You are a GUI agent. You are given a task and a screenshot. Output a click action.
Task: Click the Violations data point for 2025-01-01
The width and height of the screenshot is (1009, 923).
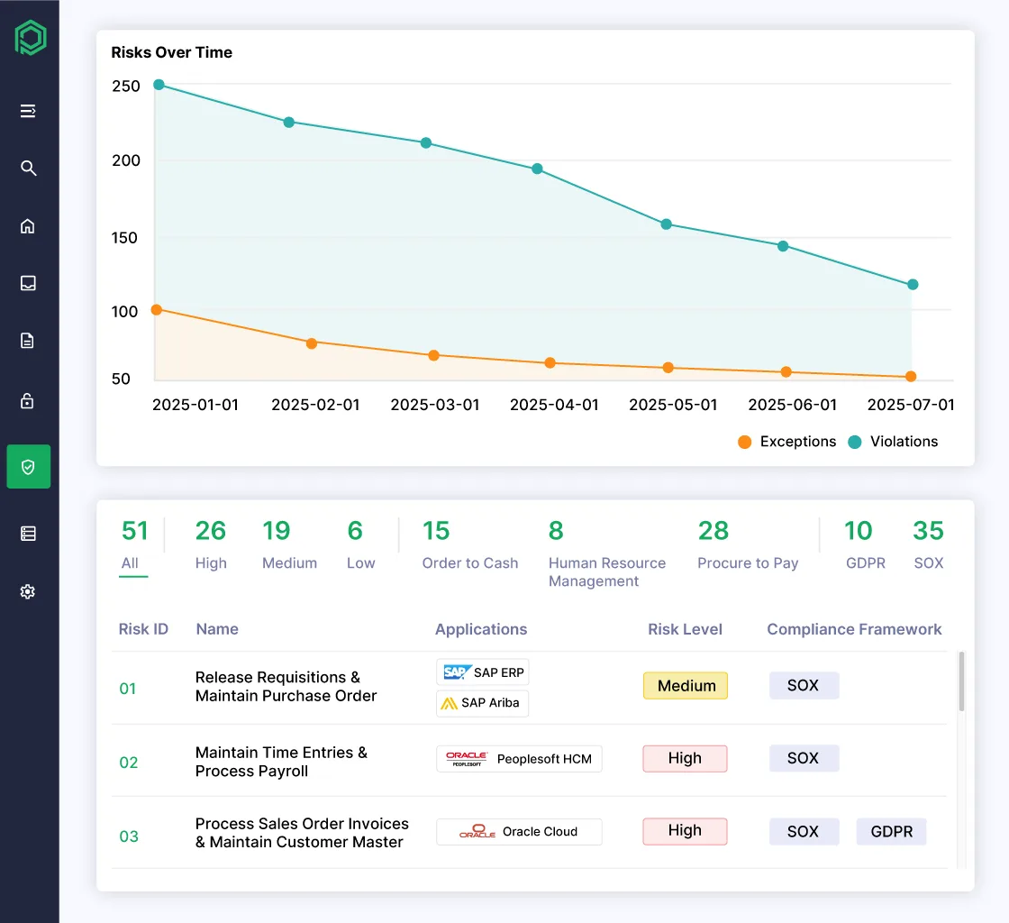[x=159, y=85]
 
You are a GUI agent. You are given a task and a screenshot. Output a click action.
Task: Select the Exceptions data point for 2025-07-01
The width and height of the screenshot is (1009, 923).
[x=911, y=377]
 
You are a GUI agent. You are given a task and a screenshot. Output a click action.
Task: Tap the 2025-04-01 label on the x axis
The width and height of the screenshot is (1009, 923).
[x=554, y=406]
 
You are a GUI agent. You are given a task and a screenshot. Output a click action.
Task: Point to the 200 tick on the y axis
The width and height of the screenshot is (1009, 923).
[x=126, y=160]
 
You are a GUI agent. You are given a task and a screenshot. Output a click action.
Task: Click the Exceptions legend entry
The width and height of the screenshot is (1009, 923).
[x=786, y=442]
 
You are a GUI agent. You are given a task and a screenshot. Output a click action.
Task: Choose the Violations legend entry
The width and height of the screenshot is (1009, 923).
[x=893, y=442]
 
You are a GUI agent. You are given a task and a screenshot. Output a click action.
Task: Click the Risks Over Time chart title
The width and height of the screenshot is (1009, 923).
[x=171, y=52]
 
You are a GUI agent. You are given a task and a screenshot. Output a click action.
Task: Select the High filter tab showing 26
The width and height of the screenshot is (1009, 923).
[x=211, y=544]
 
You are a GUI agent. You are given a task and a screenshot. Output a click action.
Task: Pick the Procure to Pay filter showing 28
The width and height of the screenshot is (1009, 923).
[x=747, y=544]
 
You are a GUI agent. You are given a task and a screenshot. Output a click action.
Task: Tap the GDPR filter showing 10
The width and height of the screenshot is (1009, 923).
[x=865, y=544]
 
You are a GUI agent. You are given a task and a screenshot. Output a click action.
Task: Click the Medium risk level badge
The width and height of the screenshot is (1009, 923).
[x=686, y=686]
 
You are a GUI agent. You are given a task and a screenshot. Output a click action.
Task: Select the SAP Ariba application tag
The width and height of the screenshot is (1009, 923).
[x=482, y=703]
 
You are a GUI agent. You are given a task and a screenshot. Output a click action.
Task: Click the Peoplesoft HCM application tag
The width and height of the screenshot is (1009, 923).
[x=519, y=759]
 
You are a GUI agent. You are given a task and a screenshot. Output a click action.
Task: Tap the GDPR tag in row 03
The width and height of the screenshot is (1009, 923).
[x=891, y=832]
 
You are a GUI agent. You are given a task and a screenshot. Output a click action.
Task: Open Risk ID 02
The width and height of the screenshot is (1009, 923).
[x=129, y=763]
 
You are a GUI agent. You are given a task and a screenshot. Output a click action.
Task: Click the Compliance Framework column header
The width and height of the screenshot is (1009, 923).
[x=854, y=629]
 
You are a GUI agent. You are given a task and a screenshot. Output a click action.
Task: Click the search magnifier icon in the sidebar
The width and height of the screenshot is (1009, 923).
[x=28, y=169]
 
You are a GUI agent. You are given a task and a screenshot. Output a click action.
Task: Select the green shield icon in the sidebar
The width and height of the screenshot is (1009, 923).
[x=28, y=467]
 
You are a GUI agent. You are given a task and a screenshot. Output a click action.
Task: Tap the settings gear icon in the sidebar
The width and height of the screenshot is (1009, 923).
[x=28, y=592]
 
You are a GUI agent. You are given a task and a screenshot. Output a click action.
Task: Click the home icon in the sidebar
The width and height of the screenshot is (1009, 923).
[x=28, y=226]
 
